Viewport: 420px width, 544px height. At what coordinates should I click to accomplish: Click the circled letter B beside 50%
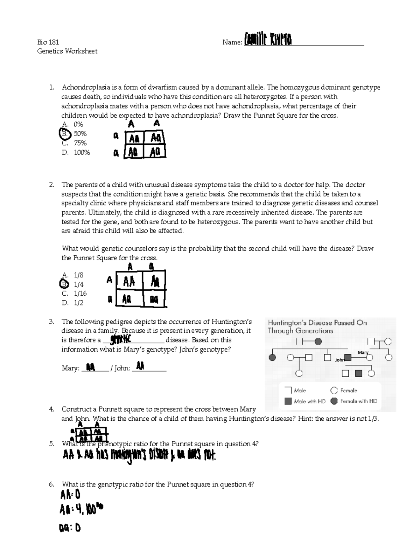click(x=64, y=134)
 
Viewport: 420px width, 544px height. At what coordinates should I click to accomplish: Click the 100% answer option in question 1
click(x=82, y=152)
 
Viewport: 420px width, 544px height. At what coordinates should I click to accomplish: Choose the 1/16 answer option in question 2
click(x=80, y=294)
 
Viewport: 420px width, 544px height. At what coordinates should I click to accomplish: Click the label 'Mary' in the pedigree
click(x=363, y=352)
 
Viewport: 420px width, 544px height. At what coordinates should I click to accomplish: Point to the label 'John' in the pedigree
click(x=339, y=360)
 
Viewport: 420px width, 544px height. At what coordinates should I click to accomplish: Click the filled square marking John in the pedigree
click(x=348, y=358)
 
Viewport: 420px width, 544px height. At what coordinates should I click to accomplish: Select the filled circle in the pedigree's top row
click(x=318, y=342)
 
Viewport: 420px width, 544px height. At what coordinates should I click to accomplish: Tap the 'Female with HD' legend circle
click(x=334, y=401)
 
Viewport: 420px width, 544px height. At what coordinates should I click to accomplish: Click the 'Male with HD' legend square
click(x=288, y=401)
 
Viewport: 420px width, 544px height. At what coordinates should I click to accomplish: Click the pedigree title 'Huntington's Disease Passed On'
click(x=317, y=323)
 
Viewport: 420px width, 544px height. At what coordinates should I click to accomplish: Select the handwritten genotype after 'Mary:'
click(x=90, y=367)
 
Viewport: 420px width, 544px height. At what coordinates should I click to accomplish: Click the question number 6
click(x=51, y=484)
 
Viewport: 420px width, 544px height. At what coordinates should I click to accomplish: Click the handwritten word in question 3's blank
click(x=120, y=339)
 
